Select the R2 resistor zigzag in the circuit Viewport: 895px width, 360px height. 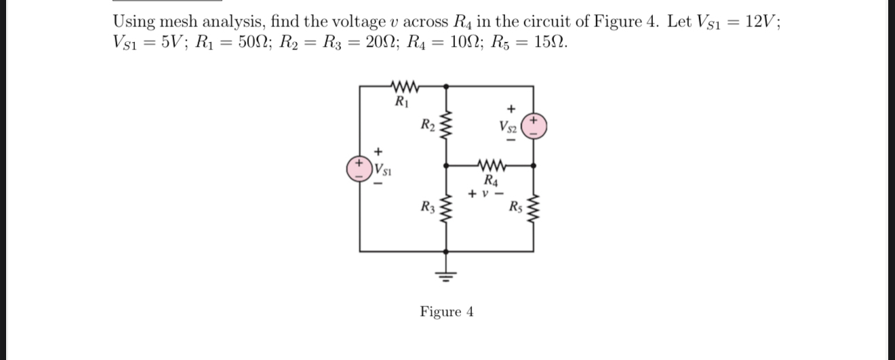[x=445, y=127]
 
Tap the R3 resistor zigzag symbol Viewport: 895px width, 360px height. [x=445, y=210]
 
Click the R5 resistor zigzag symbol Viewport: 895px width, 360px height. [x=533, y=210]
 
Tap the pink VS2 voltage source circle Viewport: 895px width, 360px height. [x=534, y=126]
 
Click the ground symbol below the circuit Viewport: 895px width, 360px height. [x=445, y=274]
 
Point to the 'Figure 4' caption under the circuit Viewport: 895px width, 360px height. [x=446, y=312]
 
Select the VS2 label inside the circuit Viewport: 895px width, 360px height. [x=508, y=126]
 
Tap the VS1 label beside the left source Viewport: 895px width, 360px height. [x=382, y=169]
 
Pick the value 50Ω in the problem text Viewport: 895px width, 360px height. [x=245, y=42]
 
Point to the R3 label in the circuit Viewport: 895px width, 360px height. [x=428, y=207]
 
